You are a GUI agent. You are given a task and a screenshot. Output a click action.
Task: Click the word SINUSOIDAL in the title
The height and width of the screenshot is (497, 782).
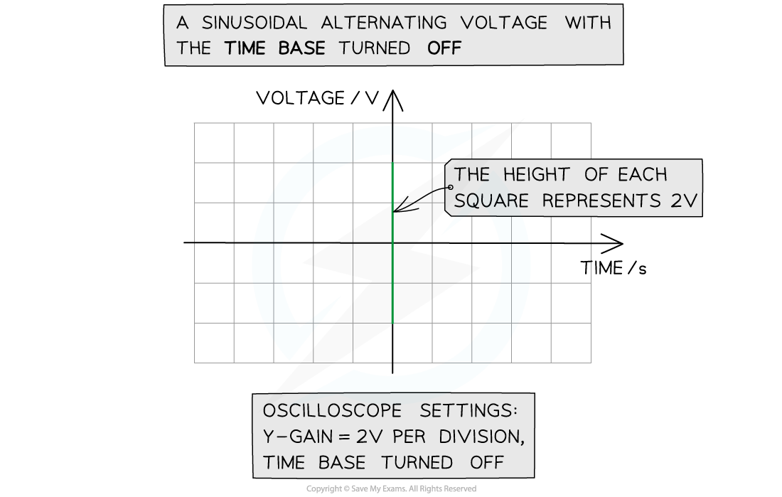click(255, 23)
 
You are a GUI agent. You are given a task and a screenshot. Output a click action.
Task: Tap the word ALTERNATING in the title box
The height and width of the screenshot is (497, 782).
click(384, 23)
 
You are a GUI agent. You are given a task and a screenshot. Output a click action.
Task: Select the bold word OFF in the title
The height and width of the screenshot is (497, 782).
click(444, 48)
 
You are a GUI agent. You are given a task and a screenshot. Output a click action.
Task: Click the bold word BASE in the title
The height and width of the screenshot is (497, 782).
click(301, 48)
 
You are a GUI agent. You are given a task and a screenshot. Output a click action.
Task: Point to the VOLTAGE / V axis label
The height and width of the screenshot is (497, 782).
click(318, 98)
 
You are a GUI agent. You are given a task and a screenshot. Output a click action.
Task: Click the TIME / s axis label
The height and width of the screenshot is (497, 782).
click(614, 269)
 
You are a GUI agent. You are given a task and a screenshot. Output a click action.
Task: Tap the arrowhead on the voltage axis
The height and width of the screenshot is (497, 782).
click(393, 100)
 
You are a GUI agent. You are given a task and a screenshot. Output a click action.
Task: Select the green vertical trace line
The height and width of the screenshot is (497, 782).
click(393, 243)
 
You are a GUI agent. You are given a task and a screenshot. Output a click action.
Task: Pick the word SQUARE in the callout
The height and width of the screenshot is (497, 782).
click(491, 201)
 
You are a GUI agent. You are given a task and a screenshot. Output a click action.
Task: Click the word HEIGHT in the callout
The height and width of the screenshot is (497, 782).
click(536, 175)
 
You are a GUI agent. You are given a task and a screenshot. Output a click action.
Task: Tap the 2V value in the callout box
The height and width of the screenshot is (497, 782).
click(684, 201)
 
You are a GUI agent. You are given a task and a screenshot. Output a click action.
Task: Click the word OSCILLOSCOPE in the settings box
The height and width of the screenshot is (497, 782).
click(332, 411)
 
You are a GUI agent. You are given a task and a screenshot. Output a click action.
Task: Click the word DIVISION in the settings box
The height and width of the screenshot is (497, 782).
click(482, 437)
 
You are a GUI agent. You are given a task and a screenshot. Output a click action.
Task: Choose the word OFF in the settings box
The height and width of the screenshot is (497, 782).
click(487, 463)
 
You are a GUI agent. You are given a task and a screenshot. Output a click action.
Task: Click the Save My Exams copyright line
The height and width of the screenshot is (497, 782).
click(391, 489)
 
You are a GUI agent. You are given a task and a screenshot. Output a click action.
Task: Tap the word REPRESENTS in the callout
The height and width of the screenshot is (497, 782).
click(601, 201)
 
